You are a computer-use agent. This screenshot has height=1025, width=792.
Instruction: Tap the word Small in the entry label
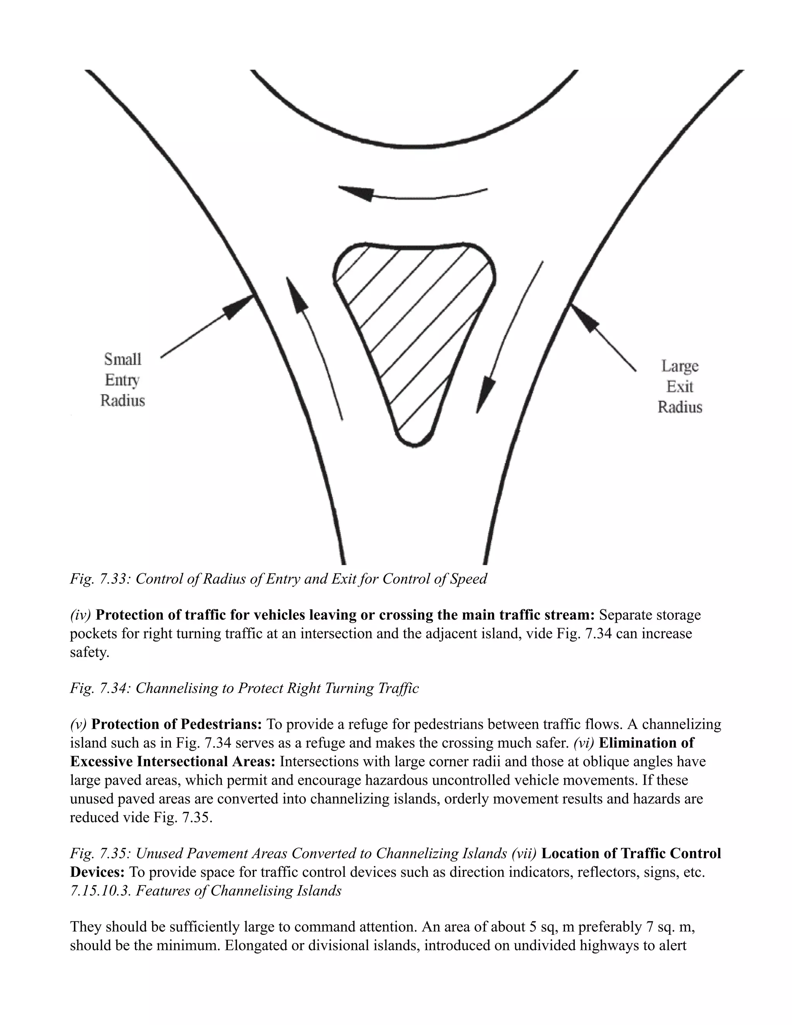(x=123, y=359)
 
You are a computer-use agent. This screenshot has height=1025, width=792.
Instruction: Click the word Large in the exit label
(x=680, y=366)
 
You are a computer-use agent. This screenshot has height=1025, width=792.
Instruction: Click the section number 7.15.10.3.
(x=101, y=890)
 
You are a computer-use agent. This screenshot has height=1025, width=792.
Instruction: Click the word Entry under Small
(x=122, y=380)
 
